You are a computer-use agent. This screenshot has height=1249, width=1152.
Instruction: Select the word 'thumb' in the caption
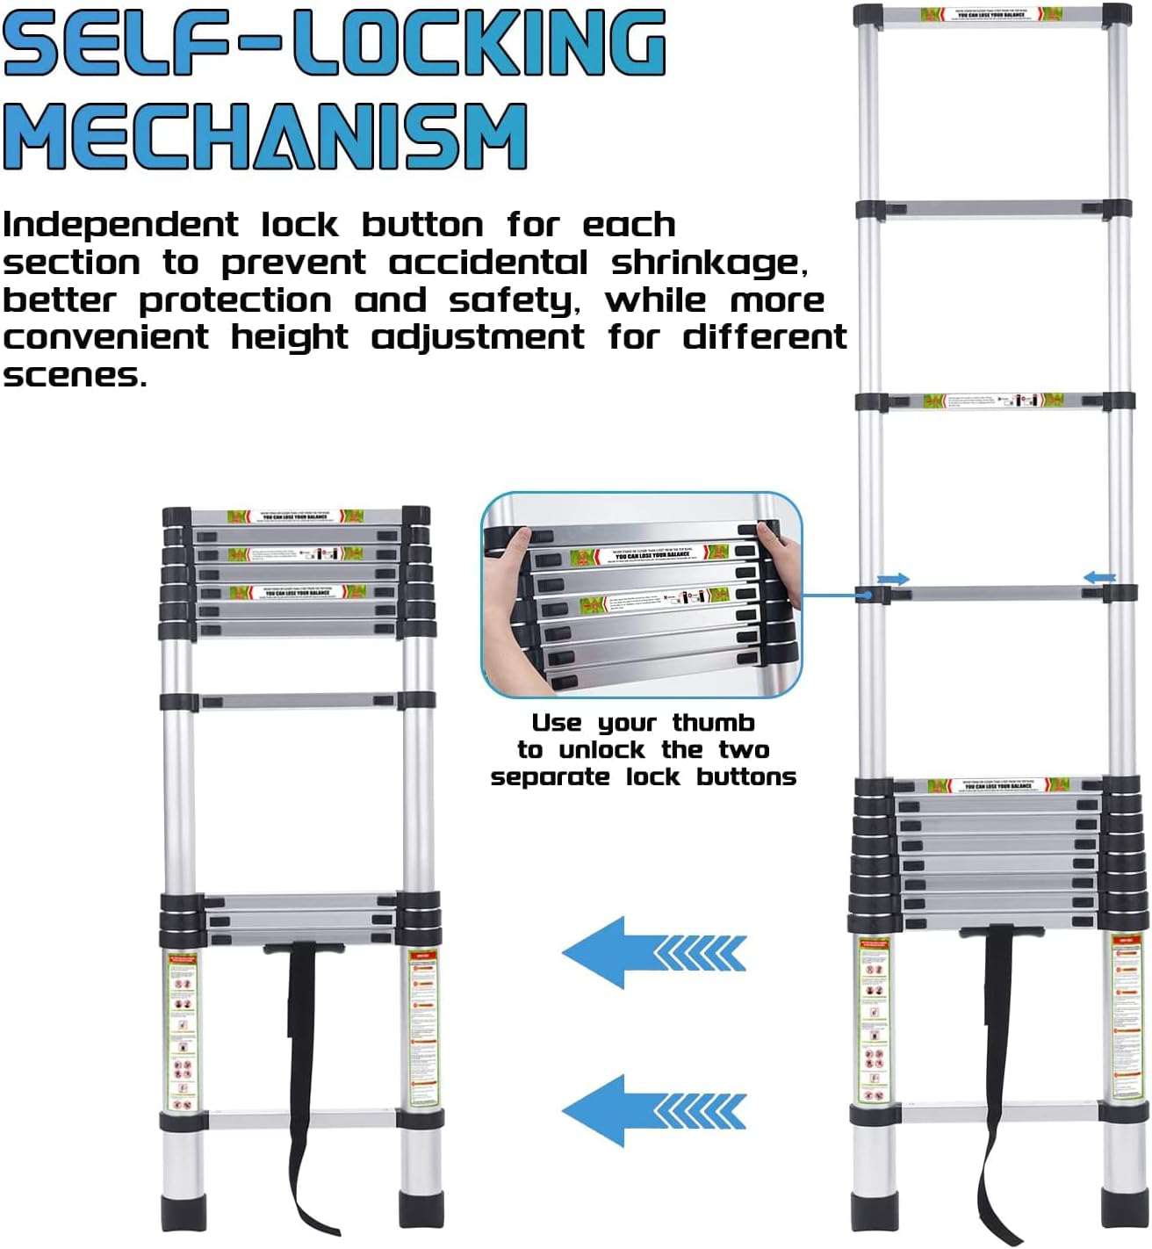coord(713,723)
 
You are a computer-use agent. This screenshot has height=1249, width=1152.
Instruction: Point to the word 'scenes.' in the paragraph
coord(74,376)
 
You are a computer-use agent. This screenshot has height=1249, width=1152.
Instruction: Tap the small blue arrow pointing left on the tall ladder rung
coord(1098,578)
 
